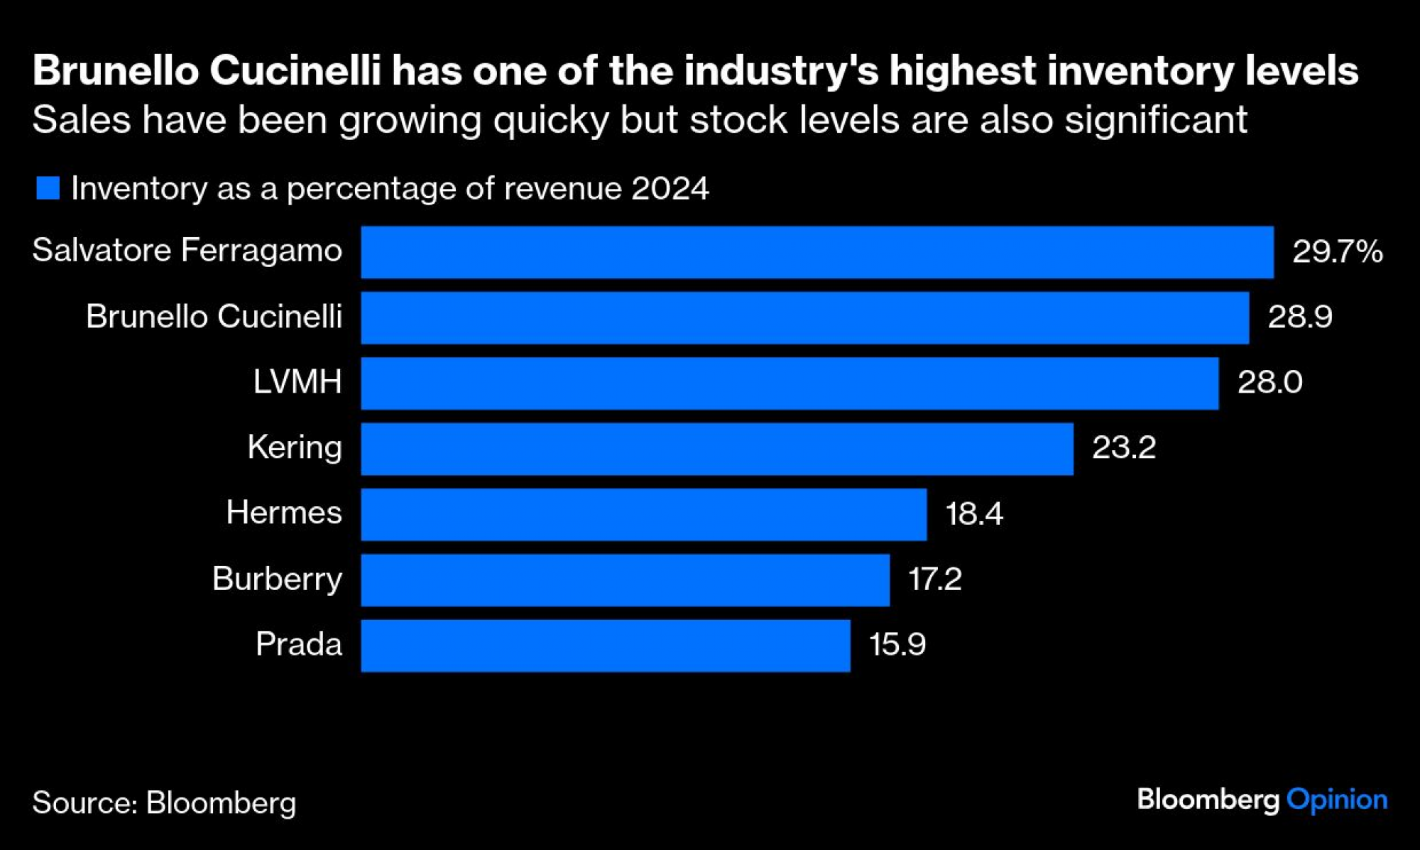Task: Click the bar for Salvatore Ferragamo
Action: click(x=816, y=252)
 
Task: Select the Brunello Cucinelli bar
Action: click(x=804, y=317)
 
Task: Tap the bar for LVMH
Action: click(x=790, y=383)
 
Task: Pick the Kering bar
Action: click(x=717, y=449)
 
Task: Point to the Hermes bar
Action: click(x=643, y=514)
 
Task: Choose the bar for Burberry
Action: click(x=625, y=580)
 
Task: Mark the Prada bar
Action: click(x=605, y=645)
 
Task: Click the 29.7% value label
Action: click(x=1337, y=251)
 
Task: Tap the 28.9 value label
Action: click(x=1299, y=317)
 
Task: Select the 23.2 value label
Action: click(x=1123, y=447)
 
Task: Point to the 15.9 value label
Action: click(x=897, y=645)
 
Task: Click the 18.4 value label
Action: click(x=973, y=513)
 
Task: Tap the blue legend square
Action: click(x=48, y=188)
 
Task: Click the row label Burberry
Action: click(x=277, y=579)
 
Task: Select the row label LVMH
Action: click(x=297, y=382)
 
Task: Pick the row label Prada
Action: click(x=298, y=645)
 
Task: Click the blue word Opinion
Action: click(x=1336, y=800)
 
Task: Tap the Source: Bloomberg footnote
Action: click(x=164, y=803)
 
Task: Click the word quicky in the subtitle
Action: click(x=551, y=120)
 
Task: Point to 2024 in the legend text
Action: click(x=670, y=189)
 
